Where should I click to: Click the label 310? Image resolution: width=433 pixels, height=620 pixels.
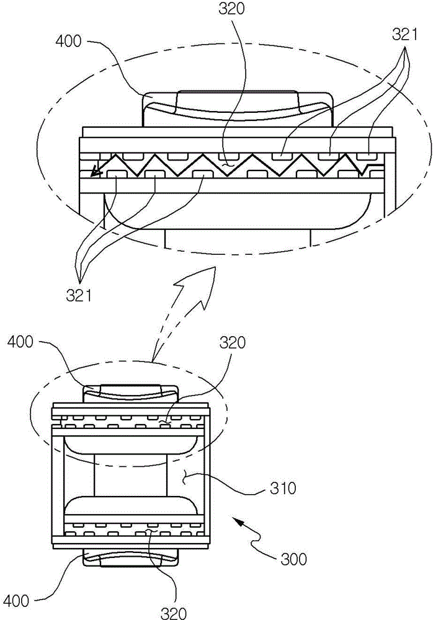[x=283, y=489]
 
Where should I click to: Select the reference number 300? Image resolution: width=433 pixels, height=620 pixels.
[x=293, y=559]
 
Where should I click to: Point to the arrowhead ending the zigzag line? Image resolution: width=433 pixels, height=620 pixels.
[x=94, y=171]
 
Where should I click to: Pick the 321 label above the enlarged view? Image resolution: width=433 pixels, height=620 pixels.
[x=405, y=35]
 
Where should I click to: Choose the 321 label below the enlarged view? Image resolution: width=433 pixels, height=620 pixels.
[x=79, y=295]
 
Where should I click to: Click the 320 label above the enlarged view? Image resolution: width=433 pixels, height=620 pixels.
[x=231, y=9]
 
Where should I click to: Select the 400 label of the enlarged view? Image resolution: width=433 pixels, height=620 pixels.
[x=69, y=41]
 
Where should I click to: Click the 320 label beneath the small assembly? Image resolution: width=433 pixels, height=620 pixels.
[x=173, y=613]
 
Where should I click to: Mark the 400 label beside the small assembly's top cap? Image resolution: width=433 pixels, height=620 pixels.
[x=20, y=341]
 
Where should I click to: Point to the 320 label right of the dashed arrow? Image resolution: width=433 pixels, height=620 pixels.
[x=233, y=343]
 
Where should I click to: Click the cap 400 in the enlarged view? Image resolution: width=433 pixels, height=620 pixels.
[x=238, y=108]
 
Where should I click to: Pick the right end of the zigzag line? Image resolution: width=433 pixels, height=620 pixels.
[x=383, y=164]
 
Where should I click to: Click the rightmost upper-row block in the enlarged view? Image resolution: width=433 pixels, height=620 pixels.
[x=367, y=156]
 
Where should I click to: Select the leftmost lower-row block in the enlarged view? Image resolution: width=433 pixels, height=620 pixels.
[x=117, y=174]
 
